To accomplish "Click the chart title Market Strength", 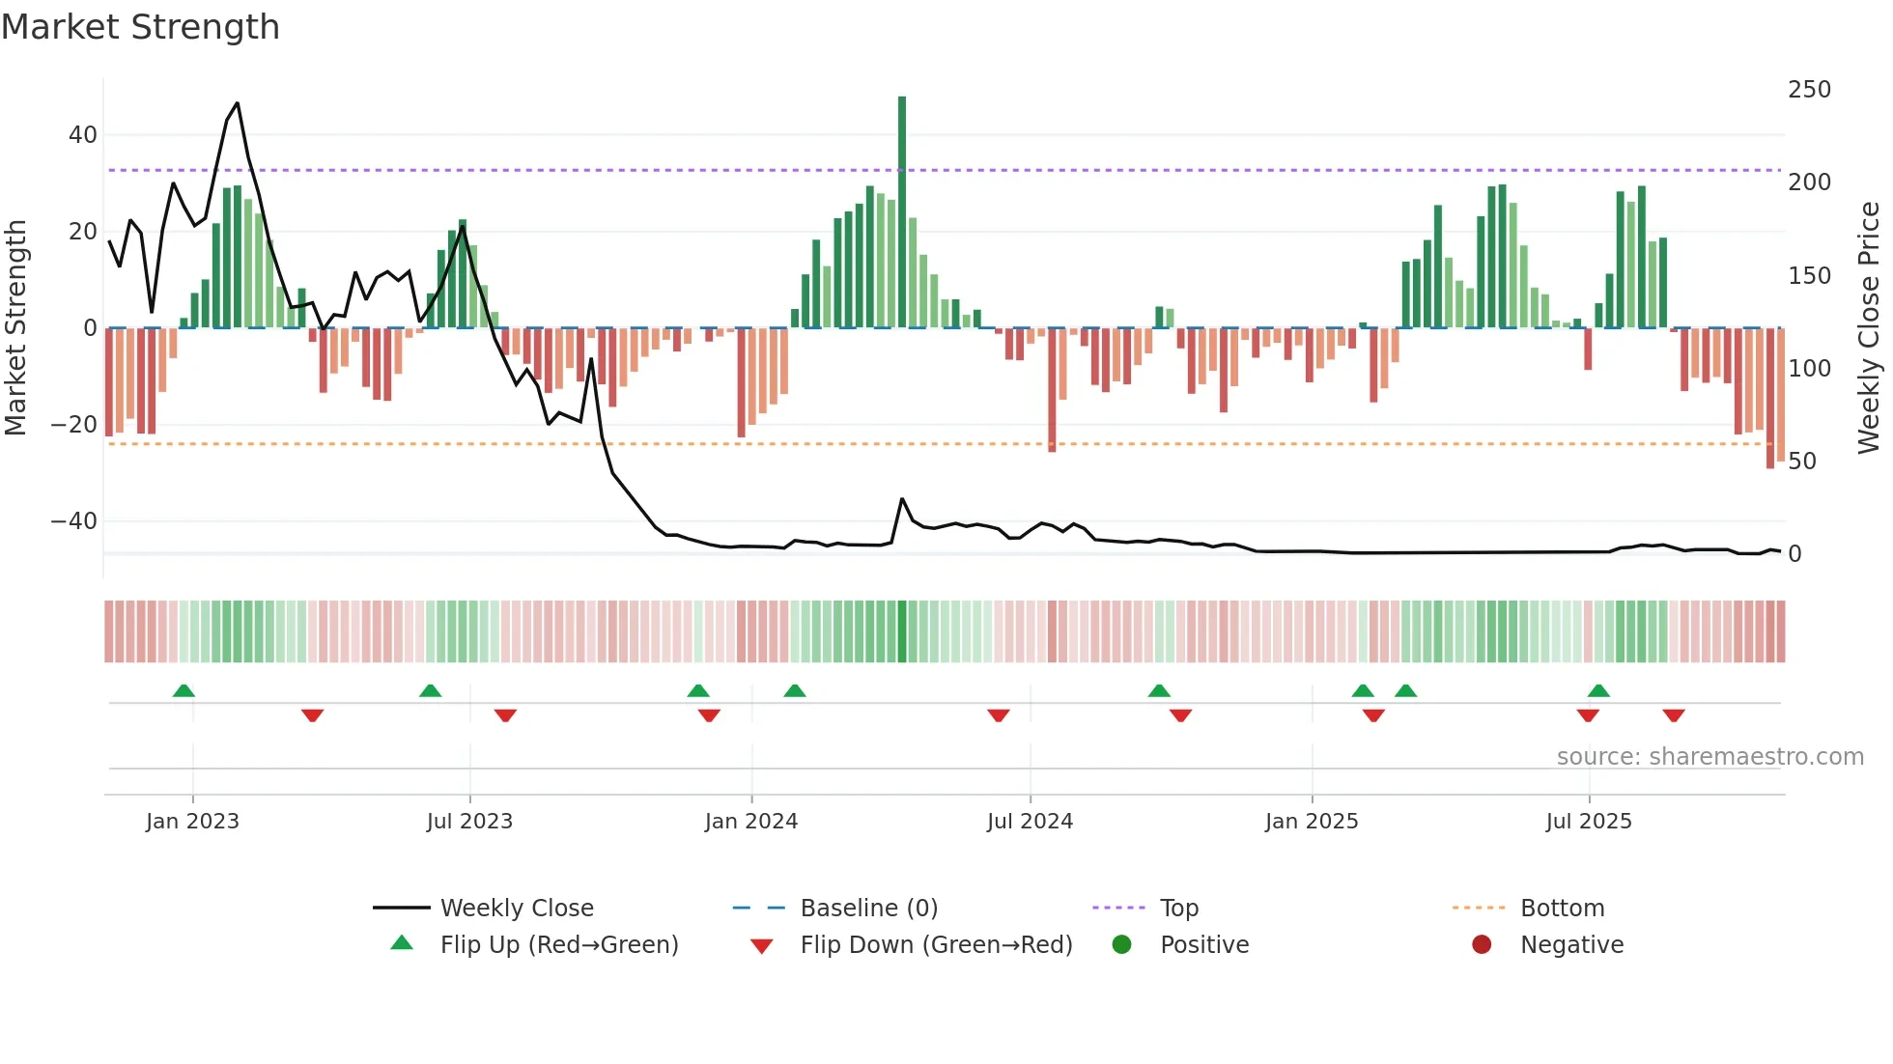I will pyautogui.click(x=140, y=27).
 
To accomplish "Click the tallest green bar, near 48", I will pyautogui.click(x=902, y=212).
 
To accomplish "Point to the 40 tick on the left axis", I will pyautogui.click(x=83, y=135).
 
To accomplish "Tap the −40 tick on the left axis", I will pyautogui.click(x=74, y=521).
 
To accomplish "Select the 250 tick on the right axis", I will pyautogui.click(x=1809, y=90).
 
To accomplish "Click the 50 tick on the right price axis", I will pyautogui.click(x=1801, y=462).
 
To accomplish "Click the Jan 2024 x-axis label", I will pyautogui.click(x=751, y=822).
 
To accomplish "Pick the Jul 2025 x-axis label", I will pyautogui.click(x=1589, y=822).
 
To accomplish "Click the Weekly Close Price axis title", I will pyautogui.click(x=1869, y=328).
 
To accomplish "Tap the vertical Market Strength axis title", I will pyautogui.click(x=15, y=328).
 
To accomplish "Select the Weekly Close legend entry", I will pyautogui.click(x=517, y=909).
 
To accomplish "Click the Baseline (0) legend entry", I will pyautogui.click(x=868, y=909).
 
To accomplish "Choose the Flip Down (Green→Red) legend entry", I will pyautogui.click(x=936, y=945).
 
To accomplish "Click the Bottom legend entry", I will pyautogui.click(x=1562, y=909).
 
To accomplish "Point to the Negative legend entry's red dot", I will pyautogui.click(x=1482, y=945).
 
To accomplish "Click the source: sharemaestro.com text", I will pyautogui.click(x=1709, y=757).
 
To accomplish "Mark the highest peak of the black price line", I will pyautogui.click(x=238, y=103).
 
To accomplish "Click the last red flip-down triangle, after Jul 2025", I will pyautogui.click(x=1674, y=715).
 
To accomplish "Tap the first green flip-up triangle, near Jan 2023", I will pyautogui.click(x=184, y=690).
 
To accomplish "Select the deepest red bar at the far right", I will pyautogui.click(x=1770, y=398).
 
